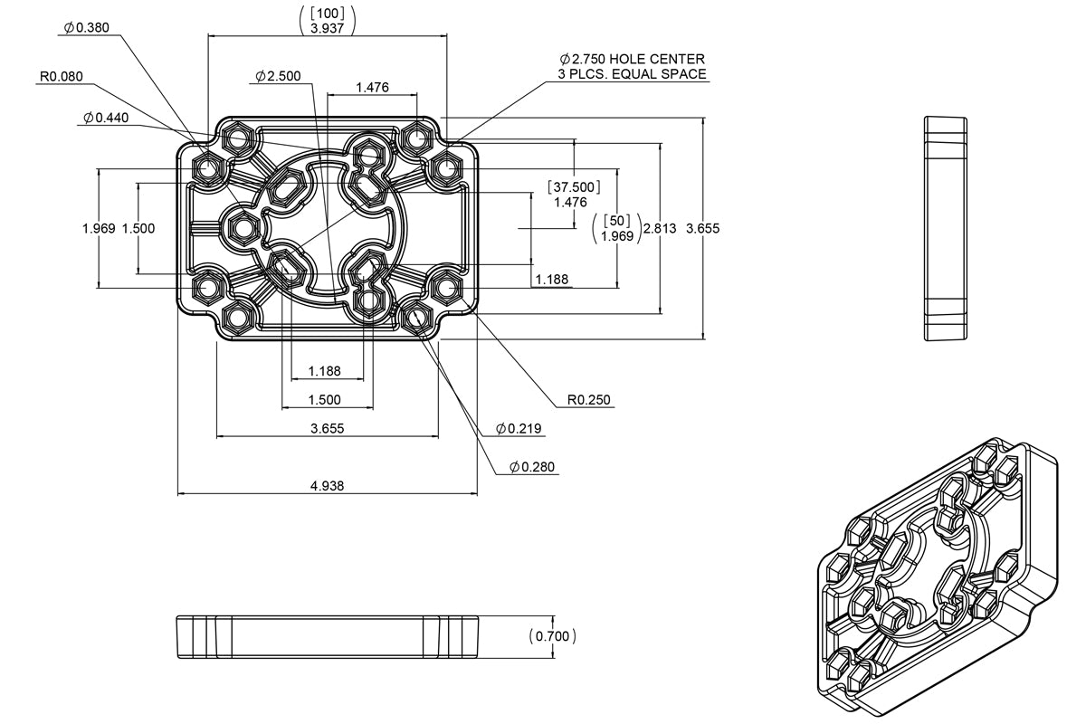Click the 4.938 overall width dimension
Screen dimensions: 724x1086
[327, 486]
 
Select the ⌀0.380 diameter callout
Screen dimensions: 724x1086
[86, 27]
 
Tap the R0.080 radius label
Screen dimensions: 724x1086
[61, 77]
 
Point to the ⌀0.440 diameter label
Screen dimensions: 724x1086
[106, 118]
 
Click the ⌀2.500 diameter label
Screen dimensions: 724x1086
[278, 76]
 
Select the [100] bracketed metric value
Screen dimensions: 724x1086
[326, 13]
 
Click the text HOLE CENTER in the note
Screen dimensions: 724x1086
[656, 59]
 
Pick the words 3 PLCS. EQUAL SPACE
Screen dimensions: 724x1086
[633, 74]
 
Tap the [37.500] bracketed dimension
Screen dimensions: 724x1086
[574, 186]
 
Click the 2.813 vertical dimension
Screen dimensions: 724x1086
[659, 229]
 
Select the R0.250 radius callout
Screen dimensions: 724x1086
[589, 399]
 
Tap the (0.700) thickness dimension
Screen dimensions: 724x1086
[552, 636]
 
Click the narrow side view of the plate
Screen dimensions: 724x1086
[946, 228]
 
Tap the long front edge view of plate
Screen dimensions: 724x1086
[327, 635]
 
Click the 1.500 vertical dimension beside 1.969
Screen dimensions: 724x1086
[138, 228]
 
